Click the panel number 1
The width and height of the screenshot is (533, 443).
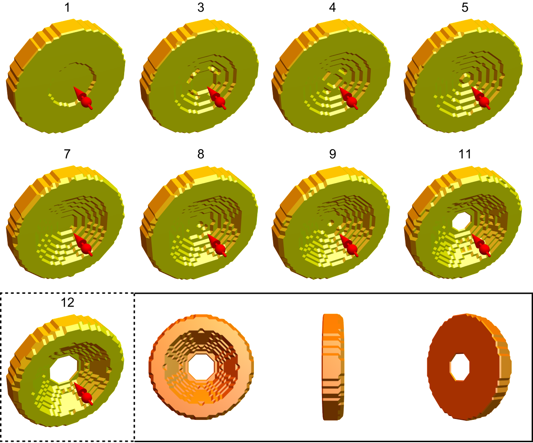(67, 8)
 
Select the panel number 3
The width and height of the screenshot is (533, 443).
(201, 8)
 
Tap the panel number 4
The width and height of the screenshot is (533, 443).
(332, 8)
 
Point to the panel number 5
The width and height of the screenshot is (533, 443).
(465, 8)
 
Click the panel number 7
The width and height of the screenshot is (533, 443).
(67, 154)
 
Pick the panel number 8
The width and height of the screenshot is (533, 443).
(201, 154)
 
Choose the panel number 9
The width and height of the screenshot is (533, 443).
(332, 154)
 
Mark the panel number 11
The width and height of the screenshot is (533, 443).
(465, 154)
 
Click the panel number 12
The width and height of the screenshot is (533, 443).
(68, 302)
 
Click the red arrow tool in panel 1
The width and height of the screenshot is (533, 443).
(83, 98)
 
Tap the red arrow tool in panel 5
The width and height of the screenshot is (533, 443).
(481, 98)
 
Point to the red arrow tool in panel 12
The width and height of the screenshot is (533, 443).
(83, 394)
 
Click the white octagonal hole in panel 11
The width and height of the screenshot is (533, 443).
(461, 221)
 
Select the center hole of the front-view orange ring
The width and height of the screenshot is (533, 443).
(201, 367)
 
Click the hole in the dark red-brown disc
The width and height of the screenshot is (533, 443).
(460, 367)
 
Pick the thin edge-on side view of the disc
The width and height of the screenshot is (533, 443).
(333, 367)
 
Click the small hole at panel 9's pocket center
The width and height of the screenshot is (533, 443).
(331, 223)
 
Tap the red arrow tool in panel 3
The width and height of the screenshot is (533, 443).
(217, 98)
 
